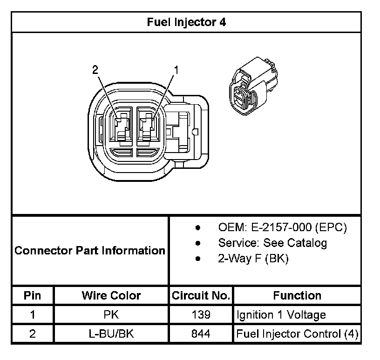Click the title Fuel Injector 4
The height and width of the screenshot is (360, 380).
(186, 22)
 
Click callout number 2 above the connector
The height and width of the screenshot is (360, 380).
(95, 70)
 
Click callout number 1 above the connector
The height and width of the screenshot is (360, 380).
(176, 70)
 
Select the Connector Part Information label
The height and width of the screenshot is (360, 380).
(90, 251)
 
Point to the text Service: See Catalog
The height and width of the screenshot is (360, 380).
(272, 243)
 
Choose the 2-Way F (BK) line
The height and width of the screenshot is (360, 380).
(253, 259)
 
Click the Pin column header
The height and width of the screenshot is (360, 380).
(32, 295)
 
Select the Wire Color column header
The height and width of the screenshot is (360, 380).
(111, 295)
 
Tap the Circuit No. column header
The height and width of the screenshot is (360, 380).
(201, 295)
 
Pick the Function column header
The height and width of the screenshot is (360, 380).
(297, 295)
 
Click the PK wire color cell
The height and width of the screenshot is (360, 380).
(111, 315)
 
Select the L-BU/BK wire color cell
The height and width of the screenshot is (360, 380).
(111, 334)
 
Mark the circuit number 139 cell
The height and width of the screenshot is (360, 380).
(201, 315)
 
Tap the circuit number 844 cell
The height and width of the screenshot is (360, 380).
(201, 334)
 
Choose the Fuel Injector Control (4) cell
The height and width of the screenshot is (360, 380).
(297, 334)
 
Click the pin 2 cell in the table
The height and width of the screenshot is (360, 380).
(32, 334)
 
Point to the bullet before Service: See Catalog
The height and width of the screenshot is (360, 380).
(198, 243)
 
